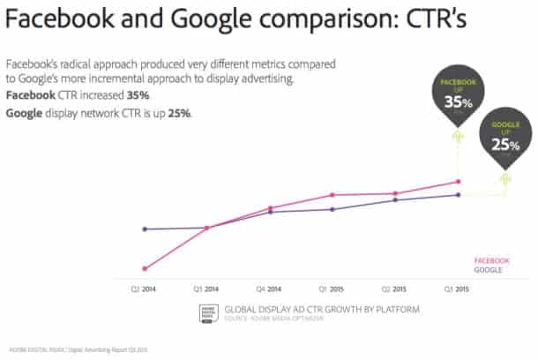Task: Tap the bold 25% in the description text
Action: click(x=178, y=114)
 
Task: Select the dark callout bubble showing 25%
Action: click(x=504, y=140)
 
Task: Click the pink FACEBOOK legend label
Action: click(x=491, y=260)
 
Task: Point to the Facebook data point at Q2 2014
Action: click(x=144, y=268)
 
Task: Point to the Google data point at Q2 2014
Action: click(x=144, y=229)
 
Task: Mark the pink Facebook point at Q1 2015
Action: click(x=332, y=195)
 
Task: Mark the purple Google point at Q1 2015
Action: click(x=332, y=209)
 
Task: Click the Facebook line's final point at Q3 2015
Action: click(x=457, y=182)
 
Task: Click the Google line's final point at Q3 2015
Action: click(x=457, y=195)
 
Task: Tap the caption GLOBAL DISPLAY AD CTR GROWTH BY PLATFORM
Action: click(x=322, y=309)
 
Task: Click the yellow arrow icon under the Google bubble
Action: click(x=504, y=180)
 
